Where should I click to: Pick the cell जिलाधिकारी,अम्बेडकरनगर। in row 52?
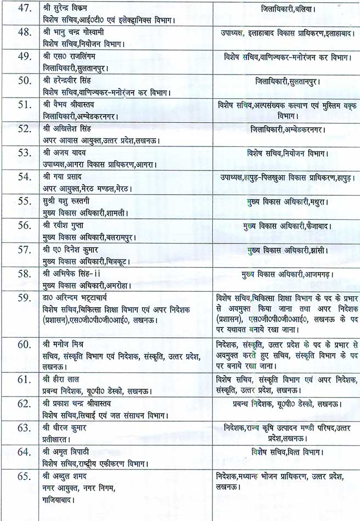click(284, 130)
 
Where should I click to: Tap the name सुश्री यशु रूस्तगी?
click(69, 201)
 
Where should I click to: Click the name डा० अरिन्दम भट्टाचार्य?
click(81, 298)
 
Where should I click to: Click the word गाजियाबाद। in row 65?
click(59, 500)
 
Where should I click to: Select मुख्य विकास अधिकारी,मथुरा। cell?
click(287, 201)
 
